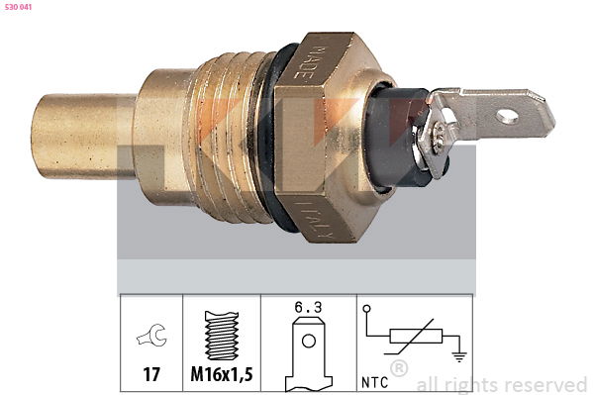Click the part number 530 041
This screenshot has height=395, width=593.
pyautogui.click(x=18, y=7)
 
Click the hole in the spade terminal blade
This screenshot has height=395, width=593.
pyautogui.click(x=507, y=116)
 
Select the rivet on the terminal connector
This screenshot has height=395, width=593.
pyautogui.click(x=441, y=134)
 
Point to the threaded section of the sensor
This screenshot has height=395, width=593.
pyautogui.click(x=227, y=137)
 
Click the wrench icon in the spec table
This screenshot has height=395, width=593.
pyautogui.click(x=152, y=335)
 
